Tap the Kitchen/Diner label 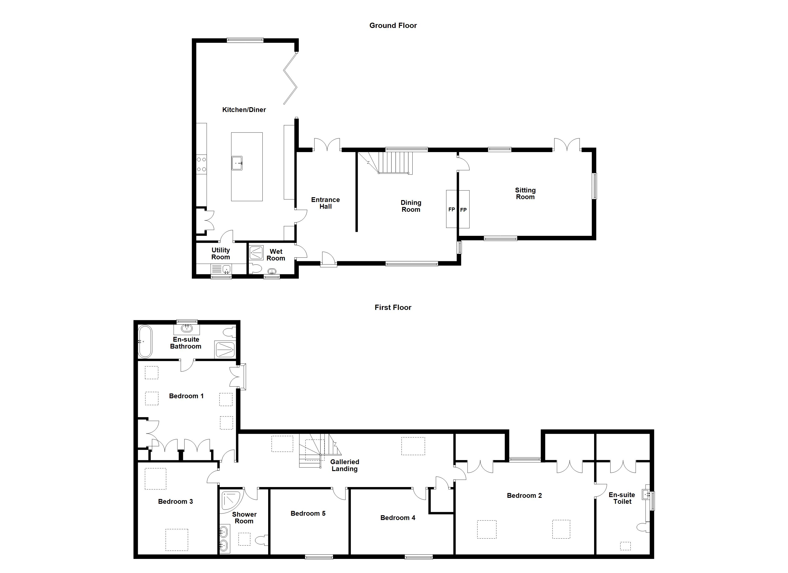pyautogui.click(x=244, y=110)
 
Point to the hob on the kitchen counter pyautogui.click(x=202, y=164)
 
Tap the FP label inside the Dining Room pyautogui.click(x=451, y=210)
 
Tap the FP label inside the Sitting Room pyautogui.click(x=463, y=210)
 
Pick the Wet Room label pyautogui.click(x=276, y=255)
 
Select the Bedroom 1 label pyautogui.click(x=186, y=396)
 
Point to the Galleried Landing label pyautogui.click(x=344, y=465)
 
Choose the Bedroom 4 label pyautogui.click(x=398, y=518)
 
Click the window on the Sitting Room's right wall pyautogui.click(x=595, y=186)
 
